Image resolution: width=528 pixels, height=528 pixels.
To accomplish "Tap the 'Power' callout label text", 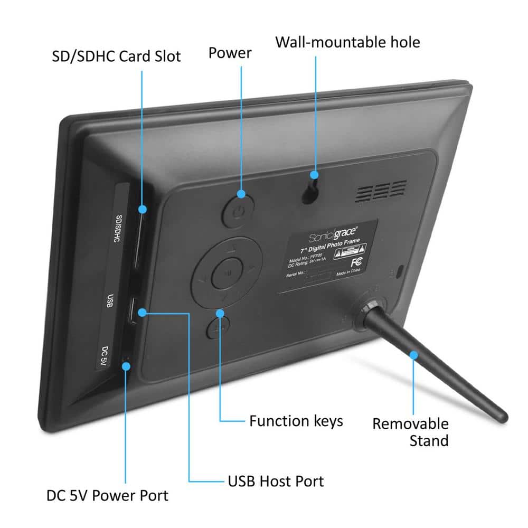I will click(230, 53).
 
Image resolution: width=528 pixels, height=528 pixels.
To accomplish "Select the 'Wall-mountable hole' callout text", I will click(347, 42).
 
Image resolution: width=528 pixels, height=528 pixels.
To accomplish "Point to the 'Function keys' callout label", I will click(296, 421).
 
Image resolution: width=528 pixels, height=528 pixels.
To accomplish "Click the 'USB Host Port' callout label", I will click(276, 481).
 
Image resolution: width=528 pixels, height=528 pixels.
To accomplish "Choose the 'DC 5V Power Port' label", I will click(107, 496).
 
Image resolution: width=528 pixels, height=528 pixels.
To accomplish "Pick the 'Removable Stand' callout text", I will click(411, 432).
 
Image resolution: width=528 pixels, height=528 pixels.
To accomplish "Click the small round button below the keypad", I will click(216, 328).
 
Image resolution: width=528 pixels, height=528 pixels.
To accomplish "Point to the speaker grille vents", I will click(381, 192).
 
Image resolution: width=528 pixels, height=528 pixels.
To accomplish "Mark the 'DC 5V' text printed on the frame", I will click(105, 355).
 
